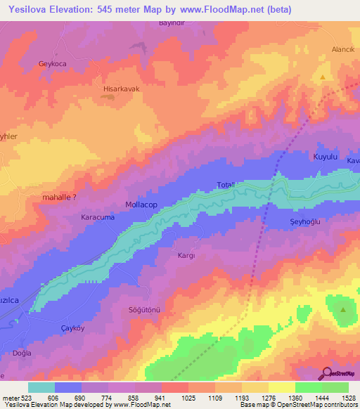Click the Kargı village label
click(186, 256)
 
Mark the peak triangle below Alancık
click(323, 77)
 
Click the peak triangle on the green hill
click(343, 309)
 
